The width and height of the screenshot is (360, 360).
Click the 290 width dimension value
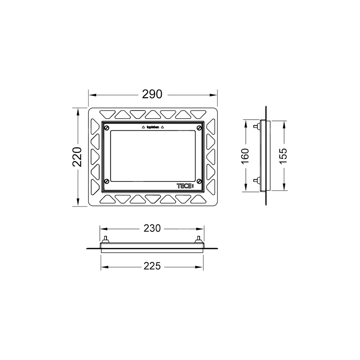[x=152, y=94]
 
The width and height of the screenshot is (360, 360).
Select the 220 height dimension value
[x=77, y=157]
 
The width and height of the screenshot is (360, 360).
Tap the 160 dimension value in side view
[x=245, y=156]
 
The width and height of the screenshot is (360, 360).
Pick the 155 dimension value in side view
[x=283, y=156]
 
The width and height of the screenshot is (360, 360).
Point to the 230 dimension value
[x=152, y=228]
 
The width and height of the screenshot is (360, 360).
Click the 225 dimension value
[x=152, y=266]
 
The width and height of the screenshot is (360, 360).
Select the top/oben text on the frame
[x=153, y=127]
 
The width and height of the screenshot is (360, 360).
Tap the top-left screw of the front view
[x=107, y=128]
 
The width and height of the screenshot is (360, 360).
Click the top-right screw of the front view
[x=199, y=128]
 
